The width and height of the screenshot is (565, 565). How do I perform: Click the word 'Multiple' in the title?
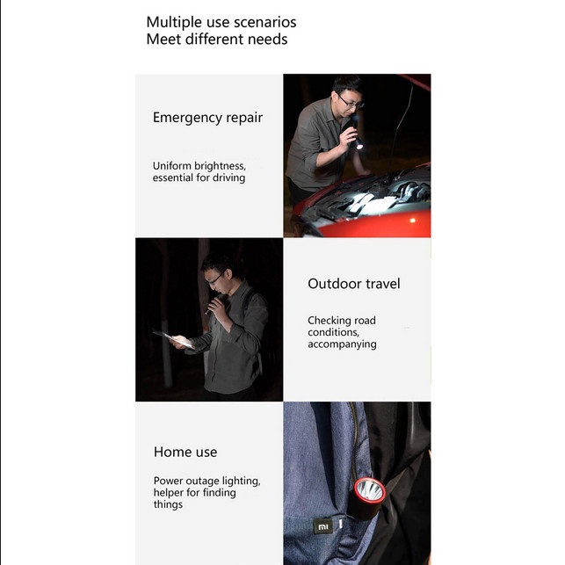pyautogui.click(x=174, y=23)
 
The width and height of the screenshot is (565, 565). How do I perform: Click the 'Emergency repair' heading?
pyautogui.click(x=207, y=118)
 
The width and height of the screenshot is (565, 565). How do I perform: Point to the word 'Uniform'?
pyautogui.click(x=172, y=166)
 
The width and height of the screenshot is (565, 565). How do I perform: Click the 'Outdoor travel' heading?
pyautogui.click(x=353, y=284)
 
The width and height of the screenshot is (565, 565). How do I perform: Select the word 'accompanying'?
pyautogui.click(x=342, y=344)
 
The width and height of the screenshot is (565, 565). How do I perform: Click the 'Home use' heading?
pyautogui.click(x=185, y=453)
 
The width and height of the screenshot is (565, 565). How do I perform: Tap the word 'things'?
pyautogui.click(x=168, y=504)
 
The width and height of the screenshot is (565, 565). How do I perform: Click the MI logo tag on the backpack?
pyautogui.click(x=322, y=527)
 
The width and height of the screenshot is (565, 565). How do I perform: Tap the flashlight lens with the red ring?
pyautogui.click(x=370, y=490)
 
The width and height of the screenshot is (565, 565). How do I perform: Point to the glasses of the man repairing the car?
pyautogui.click(x=351, y=102)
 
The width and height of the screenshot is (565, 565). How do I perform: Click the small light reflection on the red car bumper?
pyautogui.click(x=413, y=221)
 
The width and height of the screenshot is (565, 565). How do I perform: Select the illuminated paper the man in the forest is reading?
pyautogui.click(x=174, y=339)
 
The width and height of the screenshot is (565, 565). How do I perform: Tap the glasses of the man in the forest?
pyautogui.click(x=215, y=279)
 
